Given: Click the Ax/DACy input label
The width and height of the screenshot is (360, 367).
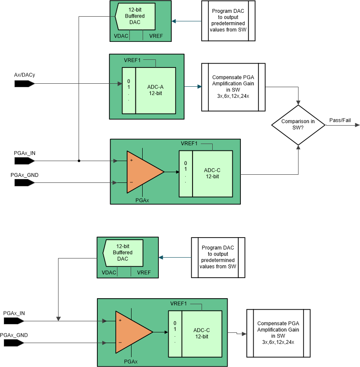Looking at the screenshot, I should click(24, 75).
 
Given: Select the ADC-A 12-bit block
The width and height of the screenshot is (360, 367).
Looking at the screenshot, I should click(155, 90).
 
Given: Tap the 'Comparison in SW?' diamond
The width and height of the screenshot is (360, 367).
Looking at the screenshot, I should click(298, 124).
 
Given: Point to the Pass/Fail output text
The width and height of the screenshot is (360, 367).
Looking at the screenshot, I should click(340, 120).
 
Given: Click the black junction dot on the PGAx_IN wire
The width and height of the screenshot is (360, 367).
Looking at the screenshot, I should click(79, 161).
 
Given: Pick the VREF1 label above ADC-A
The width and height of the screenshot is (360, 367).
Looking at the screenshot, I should click(132, 60).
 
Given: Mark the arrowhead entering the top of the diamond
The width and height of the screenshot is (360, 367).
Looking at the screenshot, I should click(298, 102).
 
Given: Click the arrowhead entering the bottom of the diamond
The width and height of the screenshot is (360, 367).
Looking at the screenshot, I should click(298, 147).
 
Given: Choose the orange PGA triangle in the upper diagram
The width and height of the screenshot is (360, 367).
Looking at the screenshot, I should click(143, 172).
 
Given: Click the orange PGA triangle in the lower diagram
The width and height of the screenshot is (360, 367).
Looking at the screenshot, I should click(132, 332).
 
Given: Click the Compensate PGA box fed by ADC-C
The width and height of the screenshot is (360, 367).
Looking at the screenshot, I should click(278, 333).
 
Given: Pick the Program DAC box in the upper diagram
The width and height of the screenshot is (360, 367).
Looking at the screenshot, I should click(228, 21).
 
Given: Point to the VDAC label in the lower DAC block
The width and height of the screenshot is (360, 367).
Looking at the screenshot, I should click(109, 272).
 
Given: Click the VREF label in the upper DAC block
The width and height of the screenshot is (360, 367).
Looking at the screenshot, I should click(156, 36).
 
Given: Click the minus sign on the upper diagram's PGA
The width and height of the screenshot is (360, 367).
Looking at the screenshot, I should click(131, 182).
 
